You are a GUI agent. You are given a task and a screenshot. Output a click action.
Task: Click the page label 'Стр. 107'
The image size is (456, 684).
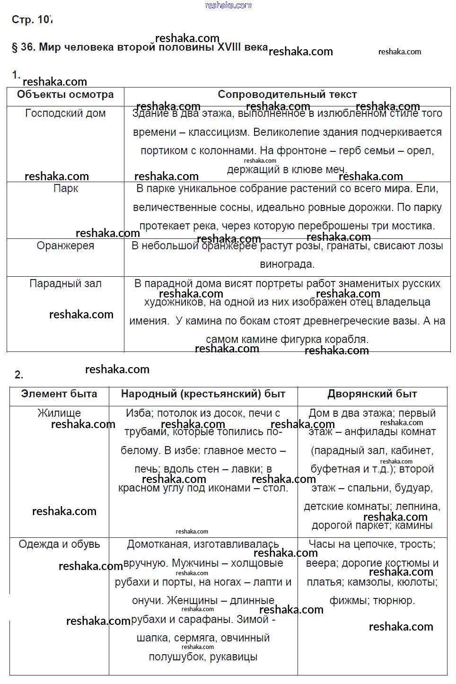point(32,20)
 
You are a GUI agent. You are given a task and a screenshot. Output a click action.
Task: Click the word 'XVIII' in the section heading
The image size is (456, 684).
point(229,47)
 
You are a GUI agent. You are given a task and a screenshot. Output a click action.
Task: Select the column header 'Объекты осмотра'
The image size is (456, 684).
point(65,95)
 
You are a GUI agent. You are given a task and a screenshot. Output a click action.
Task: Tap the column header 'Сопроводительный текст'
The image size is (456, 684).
point(287,95)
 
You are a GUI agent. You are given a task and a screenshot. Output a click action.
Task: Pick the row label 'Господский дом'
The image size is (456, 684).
point(65,114)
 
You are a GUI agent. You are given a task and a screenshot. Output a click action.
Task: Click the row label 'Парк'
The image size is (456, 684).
point(66,189)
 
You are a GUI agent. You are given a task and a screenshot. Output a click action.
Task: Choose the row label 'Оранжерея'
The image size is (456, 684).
point(65,246)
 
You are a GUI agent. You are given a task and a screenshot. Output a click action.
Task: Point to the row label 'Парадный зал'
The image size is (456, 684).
point(65,284)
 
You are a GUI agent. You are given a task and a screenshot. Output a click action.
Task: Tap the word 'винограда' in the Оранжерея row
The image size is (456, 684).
point(286,264)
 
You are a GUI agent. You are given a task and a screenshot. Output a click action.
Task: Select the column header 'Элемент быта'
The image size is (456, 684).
point(59,394)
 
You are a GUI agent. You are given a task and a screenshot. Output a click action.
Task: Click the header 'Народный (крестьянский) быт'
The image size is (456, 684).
point(203,394)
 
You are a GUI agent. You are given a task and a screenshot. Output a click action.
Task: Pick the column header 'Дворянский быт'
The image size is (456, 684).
point(372,394)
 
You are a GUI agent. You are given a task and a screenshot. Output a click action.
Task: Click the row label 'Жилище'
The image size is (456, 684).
point(59,413)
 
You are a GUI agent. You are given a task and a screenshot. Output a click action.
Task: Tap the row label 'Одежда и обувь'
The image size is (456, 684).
point(59,544)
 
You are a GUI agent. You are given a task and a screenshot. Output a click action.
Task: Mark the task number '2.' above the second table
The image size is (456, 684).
point(19,375)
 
